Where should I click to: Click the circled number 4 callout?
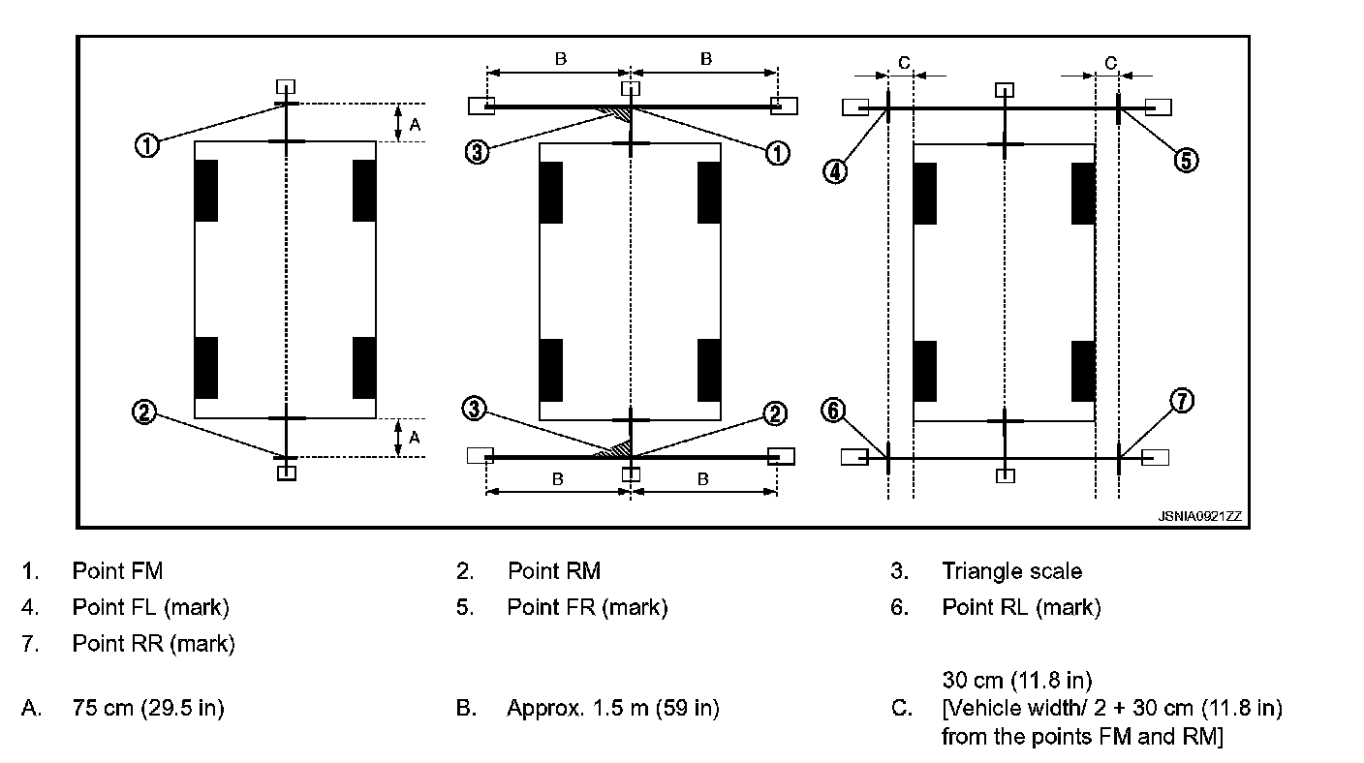[836, 171]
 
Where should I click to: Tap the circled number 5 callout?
[1187, 160]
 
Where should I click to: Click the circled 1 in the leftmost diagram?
[146, 146]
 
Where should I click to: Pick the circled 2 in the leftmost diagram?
[144, 412]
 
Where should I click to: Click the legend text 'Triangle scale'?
[1011, 571]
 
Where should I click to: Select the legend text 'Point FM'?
[117, 571]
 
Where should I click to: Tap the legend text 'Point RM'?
[554, 571]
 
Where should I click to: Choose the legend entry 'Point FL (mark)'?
[150, 607]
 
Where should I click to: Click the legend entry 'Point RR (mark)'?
[153, 643]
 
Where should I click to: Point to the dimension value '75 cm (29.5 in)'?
[148, 708]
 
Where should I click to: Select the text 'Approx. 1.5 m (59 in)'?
[612, 708]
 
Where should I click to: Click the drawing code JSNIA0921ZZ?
[1198, 517]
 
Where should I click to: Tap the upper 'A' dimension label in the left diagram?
[415, 123]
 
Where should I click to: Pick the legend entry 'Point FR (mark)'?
[587, 607]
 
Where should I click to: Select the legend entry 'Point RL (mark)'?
[1021, 607]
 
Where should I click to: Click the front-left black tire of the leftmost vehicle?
[206, 191]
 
